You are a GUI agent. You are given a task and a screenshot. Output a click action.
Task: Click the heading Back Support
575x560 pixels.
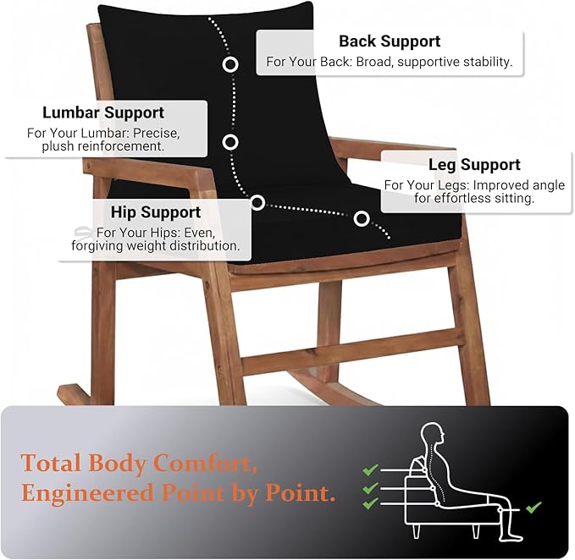(390, 41)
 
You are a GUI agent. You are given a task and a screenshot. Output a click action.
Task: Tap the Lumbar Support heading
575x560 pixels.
(103, 113)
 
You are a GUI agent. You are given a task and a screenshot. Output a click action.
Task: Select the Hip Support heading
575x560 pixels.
(156, 212)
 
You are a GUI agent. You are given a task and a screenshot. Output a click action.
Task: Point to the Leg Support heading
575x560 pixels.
(474, 165)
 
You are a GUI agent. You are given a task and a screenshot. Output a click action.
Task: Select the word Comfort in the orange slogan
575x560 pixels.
(205, 464)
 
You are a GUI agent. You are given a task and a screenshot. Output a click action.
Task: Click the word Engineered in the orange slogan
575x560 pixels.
(87, 494)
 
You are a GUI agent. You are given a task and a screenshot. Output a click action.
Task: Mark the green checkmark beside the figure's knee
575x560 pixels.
(534, 508)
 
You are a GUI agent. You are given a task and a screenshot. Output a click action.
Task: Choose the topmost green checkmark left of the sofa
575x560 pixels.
(370, 469)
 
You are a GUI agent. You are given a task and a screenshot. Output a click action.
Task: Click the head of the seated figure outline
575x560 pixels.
(433, 436)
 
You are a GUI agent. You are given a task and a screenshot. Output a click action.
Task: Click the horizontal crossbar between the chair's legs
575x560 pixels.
(352, 351)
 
